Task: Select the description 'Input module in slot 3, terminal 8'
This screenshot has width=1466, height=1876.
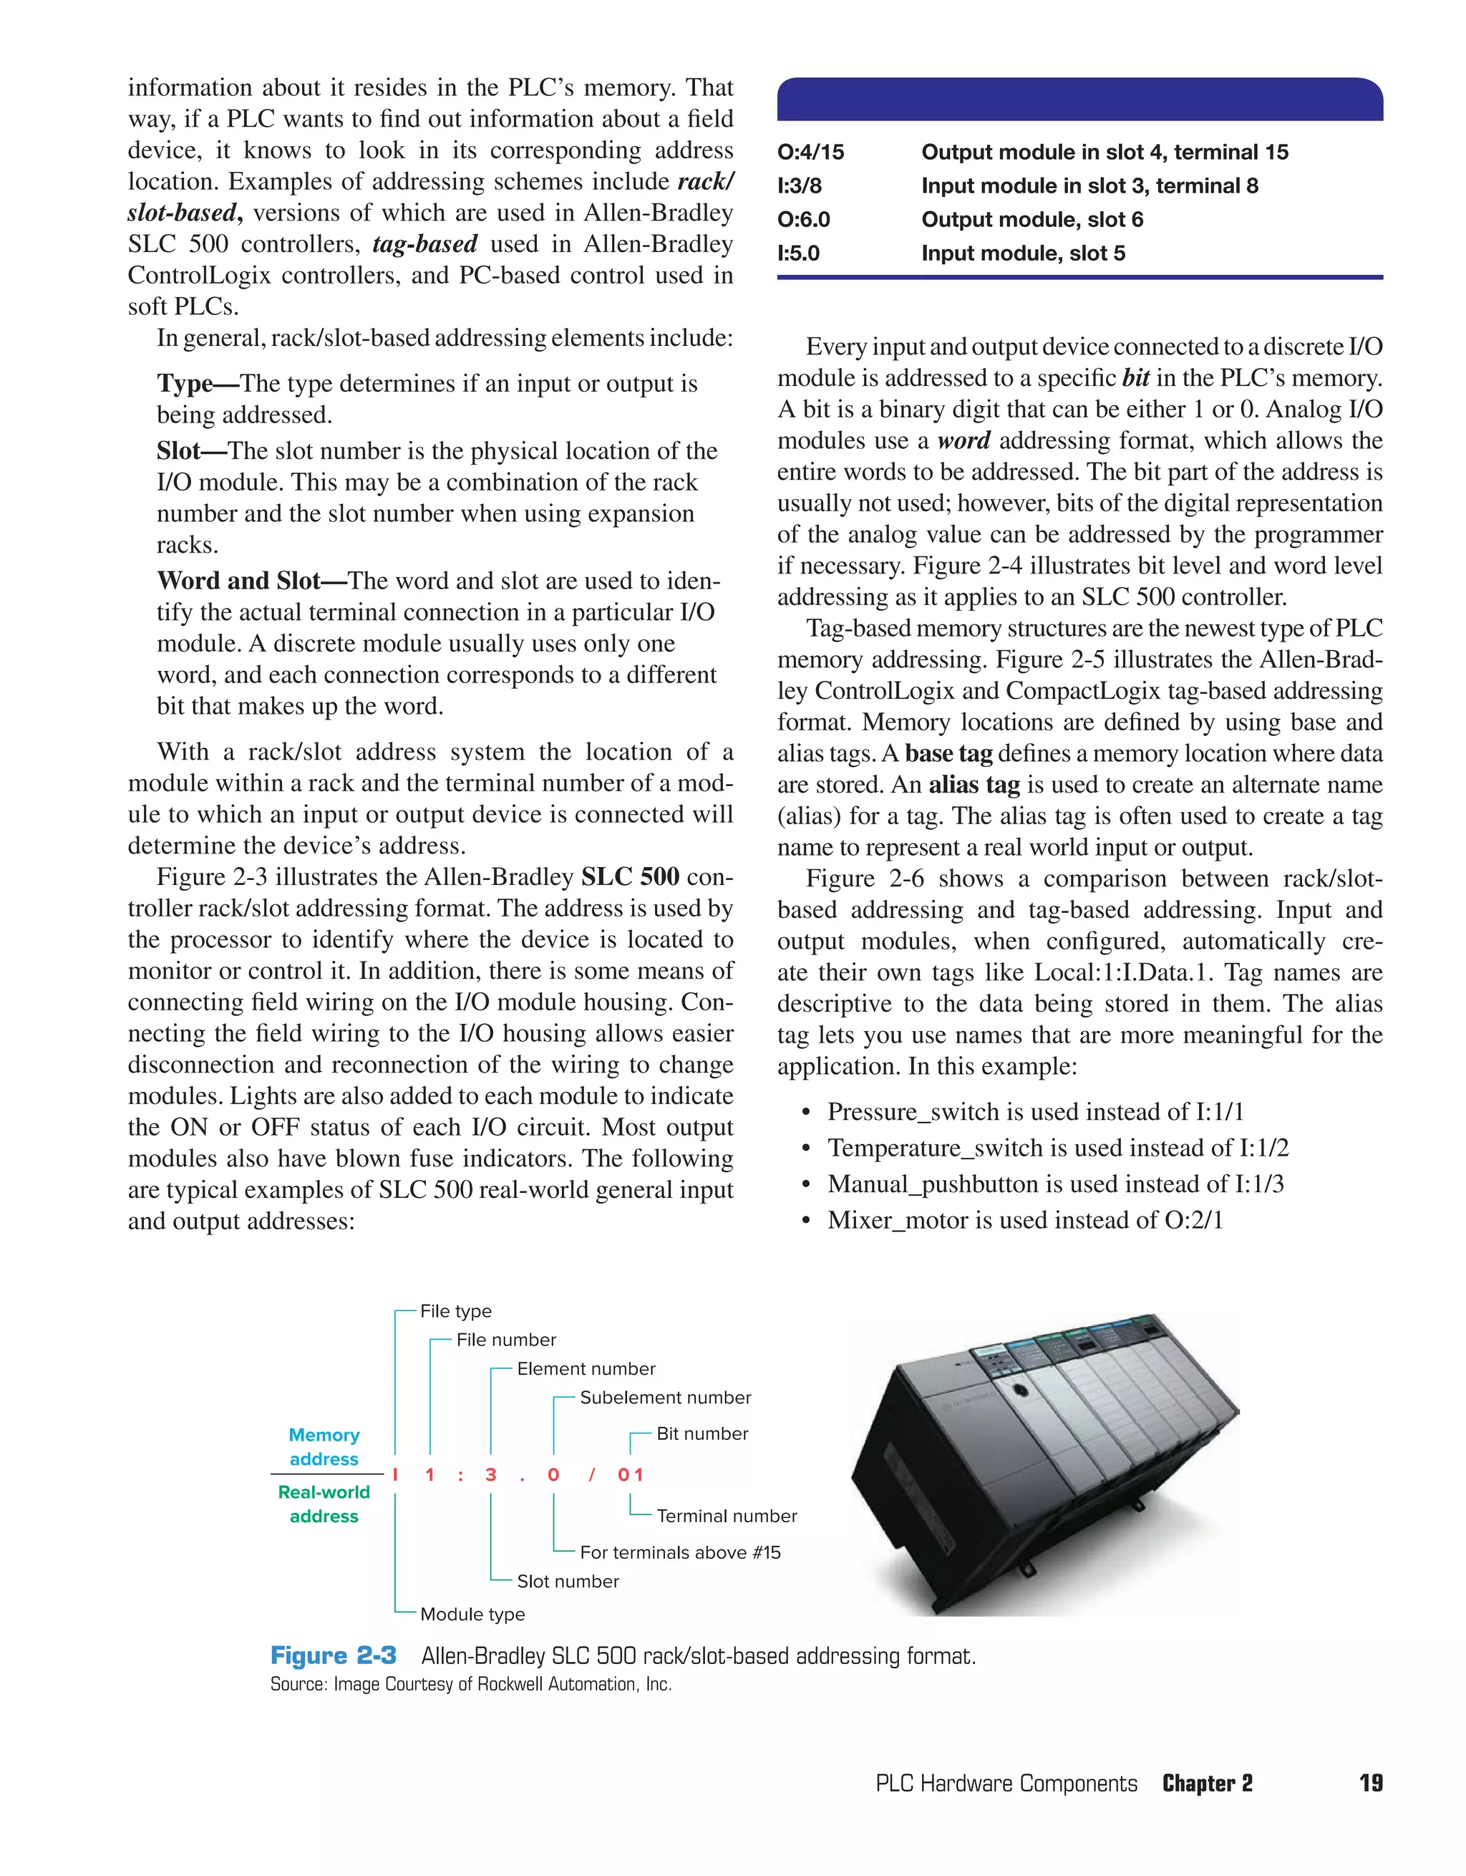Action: pos(1089,186)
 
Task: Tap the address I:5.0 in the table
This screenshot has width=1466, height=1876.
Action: pos(799,254)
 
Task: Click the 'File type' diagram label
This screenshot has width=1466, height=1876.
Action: pos(455,1312)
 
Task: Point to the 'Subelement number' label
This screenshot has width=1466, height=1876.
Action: pos(665,1398)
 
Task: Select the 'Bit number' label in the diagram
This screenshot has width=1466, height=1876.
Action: pos(702,1434)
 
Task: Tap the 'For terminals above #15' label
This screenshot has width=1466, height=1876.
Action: pos(680,1553)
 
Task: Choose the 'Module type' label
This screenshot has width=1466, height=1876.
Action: pos(472,1615)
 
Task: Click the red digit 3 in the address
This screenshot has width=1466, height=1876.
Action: pos(490,1476)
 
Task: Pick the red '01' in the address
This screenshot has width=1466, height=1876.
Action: pos(631,1476)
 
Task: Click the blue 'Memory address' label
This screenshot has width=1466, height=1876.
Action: pos(324,1447)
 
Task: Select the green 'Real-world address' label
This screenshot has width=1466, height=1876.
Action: pos(324,1505)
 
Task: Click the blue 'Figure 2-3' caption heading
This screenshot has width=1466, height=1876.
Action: pos(334,1656)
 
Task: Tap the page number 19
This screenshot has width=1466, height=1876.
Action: pos(1371,1784)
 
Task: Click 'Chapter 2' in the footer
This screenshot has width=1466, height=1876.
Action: pos(1207,1784)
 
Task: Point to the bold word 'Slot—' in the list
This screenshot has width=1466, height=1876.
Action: pos(190,452)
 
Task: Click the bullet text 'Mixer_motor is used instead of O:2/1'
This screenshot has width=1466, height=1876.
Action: pos(1024,1221)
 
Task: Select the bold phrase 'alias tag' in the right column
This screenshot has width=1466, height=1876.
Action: pos(974,785)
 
